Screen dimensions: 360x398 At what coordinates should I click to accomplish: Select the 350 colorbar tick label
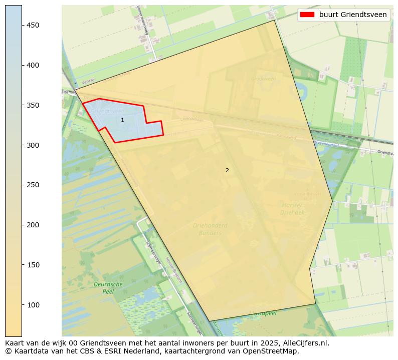(x=33, y=105)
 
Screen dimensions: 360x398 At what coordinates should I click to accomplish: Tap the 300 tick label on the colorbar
(x=33, y=145)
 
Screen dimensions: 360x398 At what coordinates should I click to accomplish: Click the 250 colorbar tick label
(x=33, y=185)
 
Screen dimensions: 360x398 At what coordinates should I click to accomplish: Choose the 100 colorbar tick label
(x=33, y=305)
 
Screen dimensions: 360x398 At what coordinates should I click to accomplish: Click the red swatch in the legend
(x=307, y=15)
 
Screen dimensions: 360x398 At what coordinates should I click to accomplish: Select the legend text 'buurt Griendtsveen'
(x=353, y=15)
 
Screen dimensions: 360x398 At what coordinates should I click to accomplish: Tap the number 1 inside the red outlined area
(x=122, y=120)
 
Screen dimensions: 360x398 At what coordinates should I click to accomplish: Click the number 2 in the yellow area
(x=227, y=170)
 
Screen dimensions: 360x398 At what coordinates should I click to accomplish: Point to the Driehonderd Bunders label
(x=210, y=229)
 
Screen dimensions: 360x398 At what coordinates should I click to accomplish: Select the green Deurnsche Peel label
(x=108, y=287)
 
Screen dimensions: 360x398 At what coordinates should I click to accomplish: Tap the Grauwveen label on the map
(x=263, y=79)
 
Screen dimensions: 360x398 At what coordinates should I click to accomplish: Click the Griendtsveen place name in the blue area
(x=107, y=111)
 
